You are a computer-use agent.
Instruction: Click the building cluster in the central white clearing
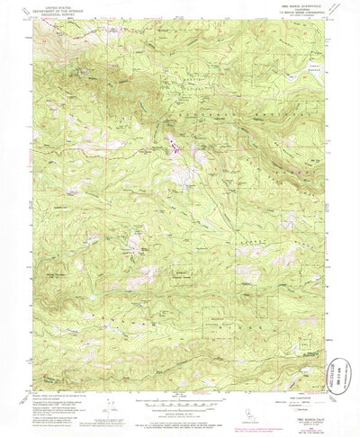click(x=171, y=140)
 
